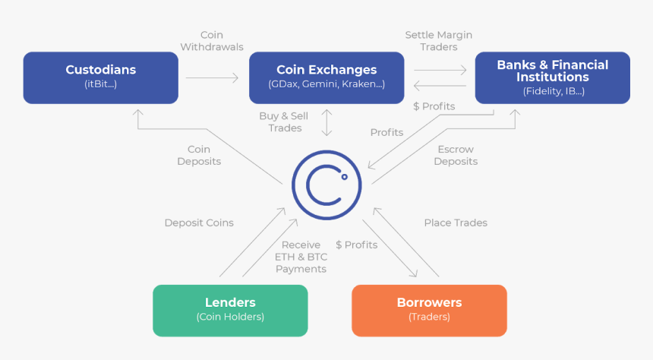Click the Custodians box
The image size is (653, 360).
coord(100,77)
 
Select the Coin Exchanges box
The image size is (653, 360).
coord(326,77)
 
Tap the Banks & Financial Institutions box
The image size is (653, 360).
coord(552,77)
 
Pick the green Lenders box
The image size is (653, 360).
coord(230,310)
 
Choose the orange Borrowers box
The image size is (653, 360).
coord(429,310)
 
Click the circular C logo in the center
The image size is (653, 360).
coord(326,185)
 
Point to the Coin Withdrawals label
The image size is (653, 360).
coord(212,41)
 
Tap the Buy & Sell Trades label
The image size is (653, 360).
coord(285,122)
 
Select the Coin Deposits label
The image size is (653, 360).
coord(199,156)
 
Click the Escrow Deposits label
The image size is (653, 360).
coord(456,155)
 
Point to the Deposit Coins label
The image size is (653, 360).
coord(199,223)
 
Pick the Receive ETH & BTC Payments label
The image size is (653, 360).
coord(301,257)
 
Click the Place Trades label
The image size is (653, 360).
coord(456,223)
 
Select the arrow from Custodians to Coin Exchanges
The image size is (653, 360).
coord(212,77)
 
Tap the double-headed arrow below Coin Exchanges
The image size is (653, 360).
coord(326,122)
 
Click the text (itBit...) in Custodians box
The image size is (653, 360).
coord(100,84)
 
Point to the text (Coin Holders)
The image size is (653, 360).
coord(230,317)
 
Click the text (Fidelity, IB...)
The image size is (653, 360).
coord(552,91)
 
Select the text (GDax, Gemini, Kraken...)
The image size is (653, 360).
coord(326,84)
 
